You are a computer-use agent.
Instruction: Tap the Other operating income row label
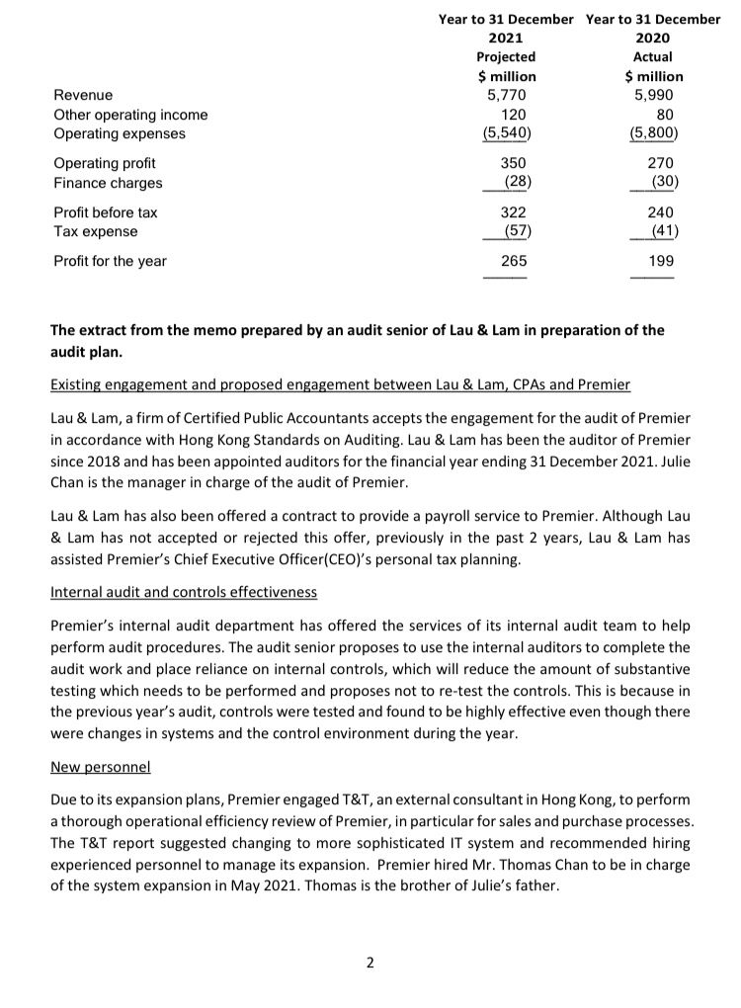tap(130, 115)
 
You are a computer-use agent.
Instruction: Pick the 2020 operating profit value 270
tap(660, 163)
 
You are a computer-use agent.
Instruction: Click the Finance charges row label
tap(108, 183)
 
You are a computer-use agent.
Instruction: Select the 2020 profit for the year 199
tap(660, 261)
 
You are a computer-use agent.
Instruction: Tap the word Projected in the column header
tap(507, 57)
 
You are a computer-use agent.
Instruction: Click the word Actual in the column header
tap(653, 57)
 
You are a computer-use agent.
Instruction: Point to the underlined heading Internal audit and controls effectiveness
tap(185, 592)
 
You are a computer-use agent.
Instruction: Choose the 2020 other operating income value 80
tap(664, 115)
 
